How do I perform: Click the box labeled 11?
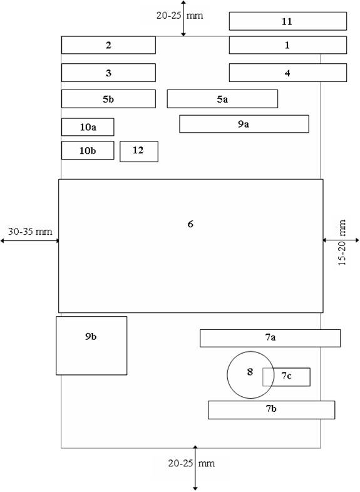point(288,21)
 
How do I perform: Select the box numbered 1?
point(288,45)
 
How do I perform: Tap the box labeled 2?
point(108,45)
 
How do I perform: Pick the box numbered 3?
point(108,73)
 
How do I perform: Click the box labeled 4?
point(288,73)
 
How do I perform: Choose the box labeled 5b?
point(108,99)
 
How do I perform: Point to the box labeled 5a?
point(222,99)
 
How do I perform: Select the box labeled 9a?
point(244,124)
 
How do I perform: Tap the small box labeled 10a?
point(88,127)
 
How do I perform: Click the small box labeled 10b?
point(88,150)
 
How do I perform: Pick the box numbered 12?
point(139,151)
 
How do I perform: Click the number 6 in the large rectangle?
point(190,224)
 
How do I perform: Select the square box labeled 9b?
point(91,346)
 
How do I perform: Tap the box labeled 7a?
point(270,338)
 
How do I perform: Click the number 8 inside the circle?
point(250,372)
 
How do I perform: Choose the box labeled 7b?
point(271,410)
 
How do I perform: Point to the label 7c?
point(286,376)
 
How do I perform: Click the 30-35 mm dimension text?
point(30,232)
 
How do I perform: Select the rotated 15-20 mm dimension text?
point(342,242)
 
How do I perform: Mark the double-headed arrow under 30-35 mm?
point(29,240)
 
